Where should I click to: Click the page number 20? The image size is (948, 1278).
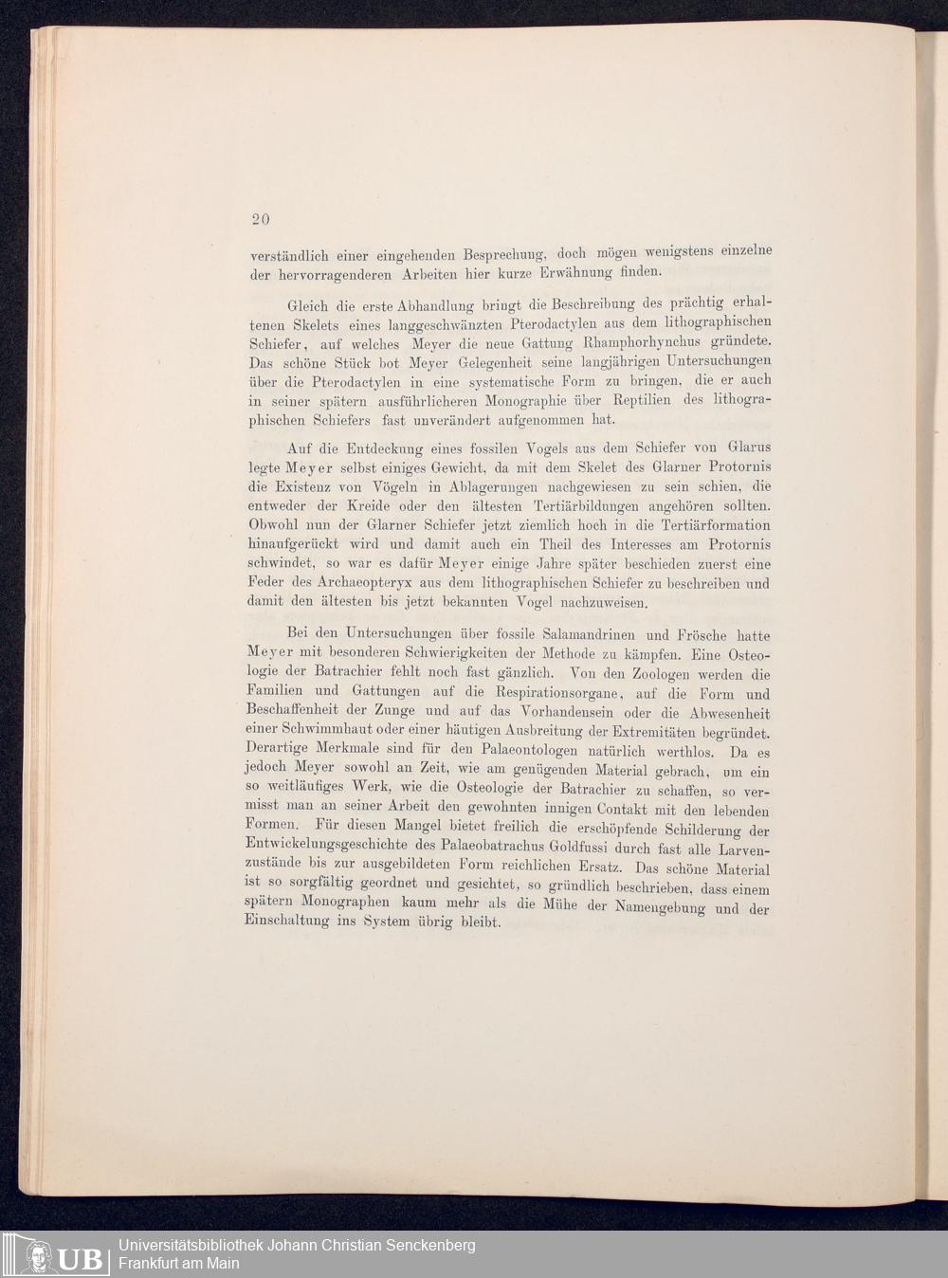point(261,218)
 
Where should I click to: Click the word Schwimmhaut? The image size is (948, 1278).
point(320,733)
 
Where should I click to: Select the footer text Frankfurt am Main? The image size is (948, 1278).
point(178,1263)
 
